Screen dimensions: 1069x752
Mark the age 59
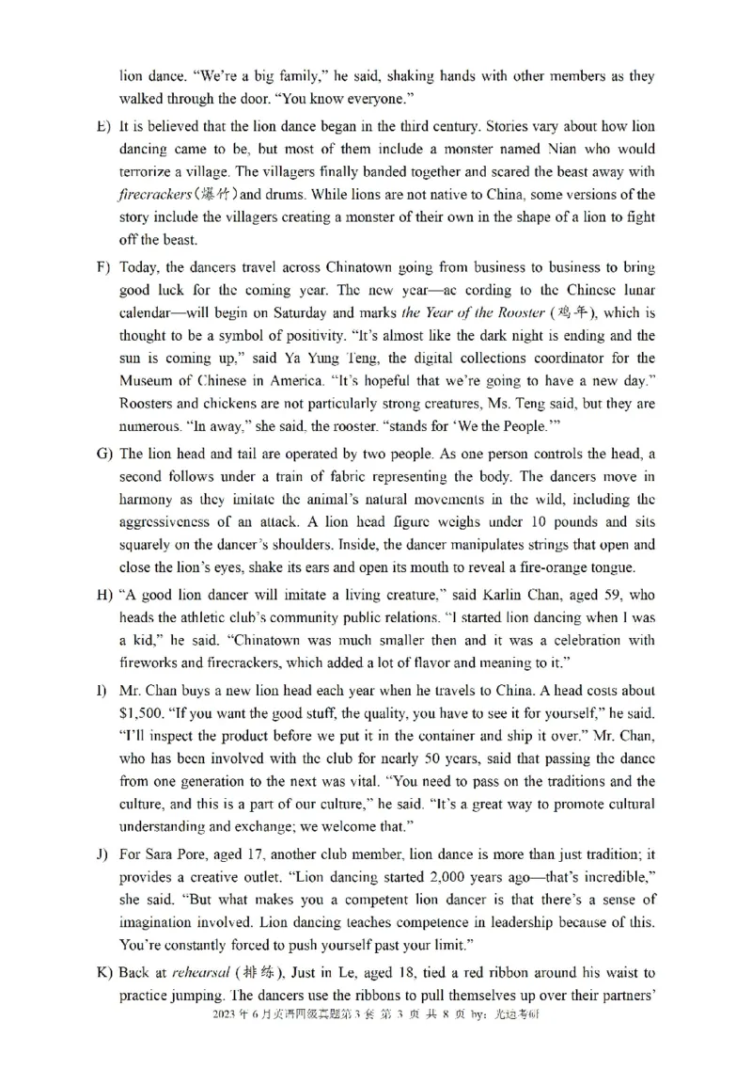coord(603,596)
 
